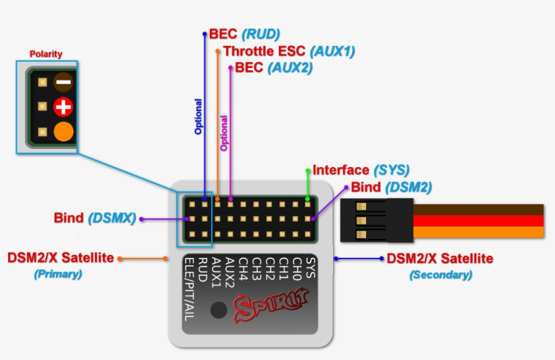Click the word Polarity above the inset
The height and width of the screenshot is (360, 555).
coord(46,54)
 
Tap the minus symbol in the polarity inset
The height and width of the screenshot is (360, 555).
coord(64,83)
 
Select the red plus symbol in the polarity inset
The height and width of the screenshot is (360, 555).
coord(64,107)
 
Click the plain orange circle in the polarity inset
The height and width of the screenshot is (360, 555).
coord(64,131)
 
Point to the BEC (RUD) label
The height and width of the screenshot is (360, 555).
coord(244,34)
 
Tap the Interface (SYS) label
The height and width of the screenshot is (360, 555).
coord(361,170)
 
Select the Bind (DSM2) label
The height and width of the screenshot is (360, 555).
coord(391,187)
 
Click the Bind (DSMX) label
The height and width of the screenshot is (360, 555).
coord(95,219)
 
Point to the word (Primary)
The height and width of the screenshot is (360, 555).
coord(58,275)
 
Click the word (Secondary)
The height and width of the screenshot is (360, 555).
coord(441,275)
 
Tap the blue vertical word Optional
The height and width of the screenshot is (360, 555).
coord(198,116)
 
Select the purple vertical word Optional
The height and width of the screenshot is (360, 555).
coord(225,132)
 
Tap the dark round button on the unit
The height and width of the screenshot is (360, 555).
coord(219,310)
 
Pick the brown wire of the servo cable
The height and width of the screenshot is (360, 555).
coord(477,209)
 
